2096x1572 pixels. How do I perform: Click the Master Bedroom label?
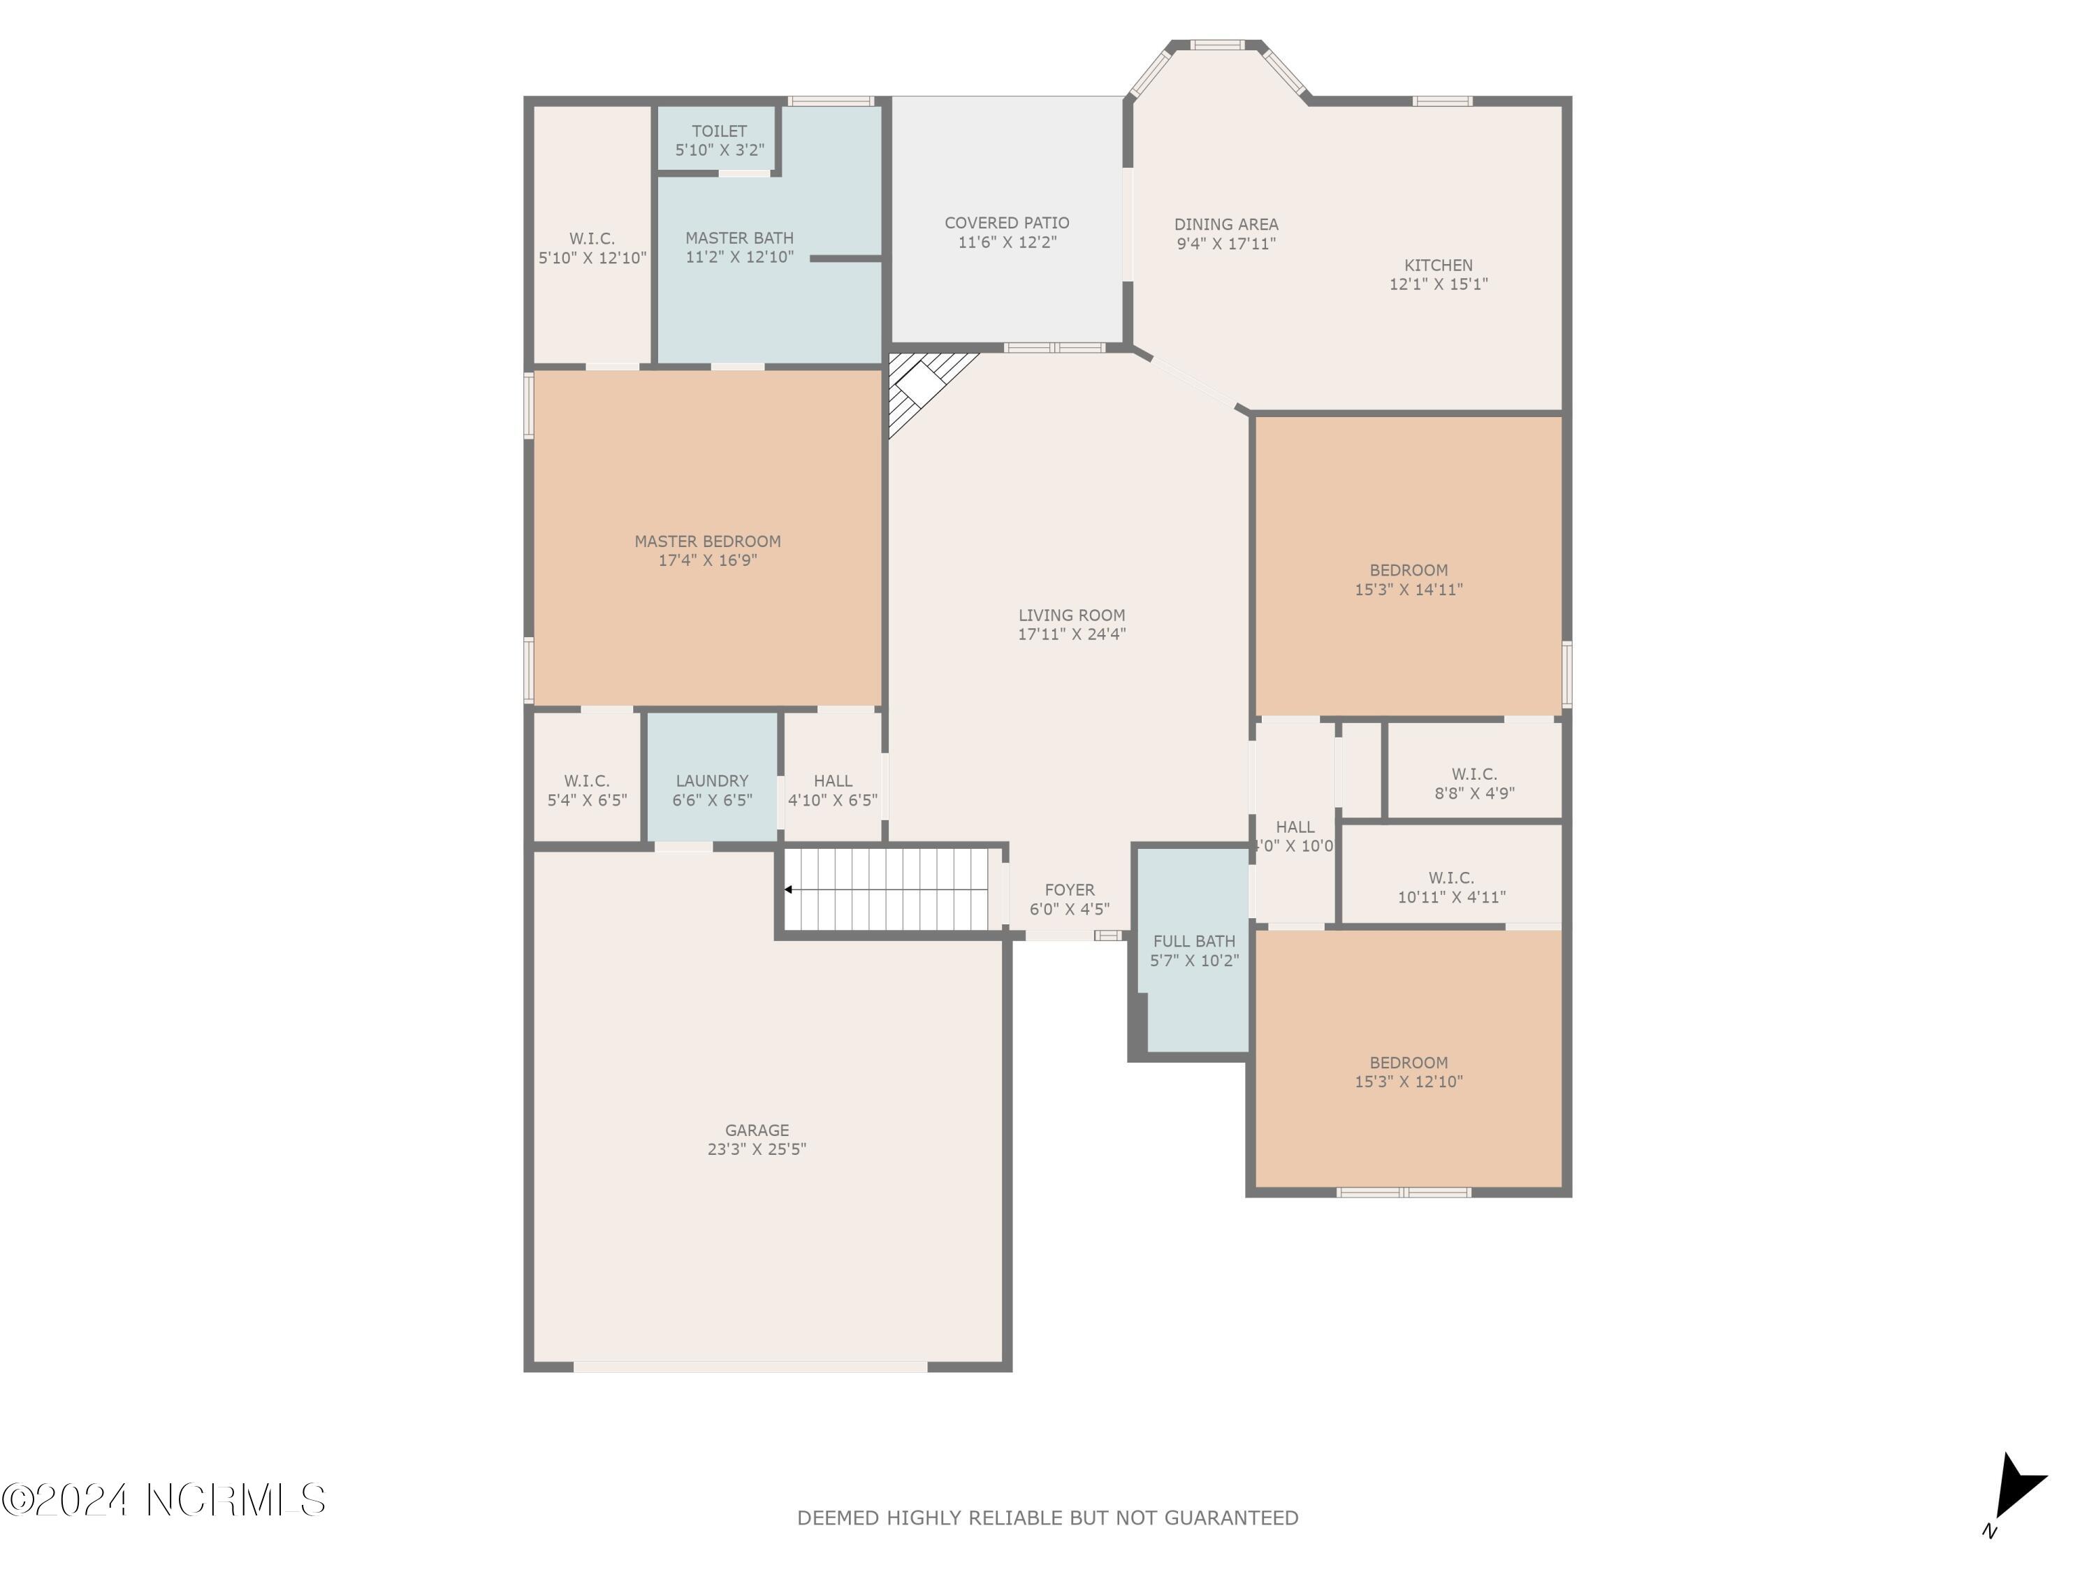tap(708, 541)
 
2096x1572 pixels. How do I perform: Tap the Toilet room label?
tap(718, 131)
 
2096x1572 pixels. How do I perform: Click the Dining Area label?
tap(1226, 224)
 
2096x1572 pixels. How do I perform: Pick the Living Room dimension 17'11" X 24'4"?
tap(1072, 634)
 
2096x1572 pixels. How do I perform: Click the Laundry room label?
tap(712, 781)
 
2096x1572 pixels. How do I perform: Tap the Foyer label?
tap(1069, 890)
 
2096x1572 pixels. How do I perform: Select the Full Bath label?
tap(1194, 941)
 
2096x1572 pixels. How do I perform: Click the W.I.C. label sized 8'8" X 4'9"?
tap(1473, 774)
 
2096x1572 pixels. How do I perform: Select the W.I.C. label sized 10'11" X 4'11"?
tap(1450, 878)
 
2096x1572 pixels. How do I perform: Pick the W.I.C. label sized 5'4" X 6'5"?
tap(587, 781)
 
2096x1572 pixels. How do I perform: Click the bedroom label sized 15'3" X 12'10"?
tap(1408, 1062)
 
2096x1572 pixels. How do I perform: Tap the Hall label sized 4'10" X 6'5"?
tap(832, 781)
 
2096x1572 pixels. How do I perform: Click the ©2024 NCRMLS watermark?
tap(163, 1501)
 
